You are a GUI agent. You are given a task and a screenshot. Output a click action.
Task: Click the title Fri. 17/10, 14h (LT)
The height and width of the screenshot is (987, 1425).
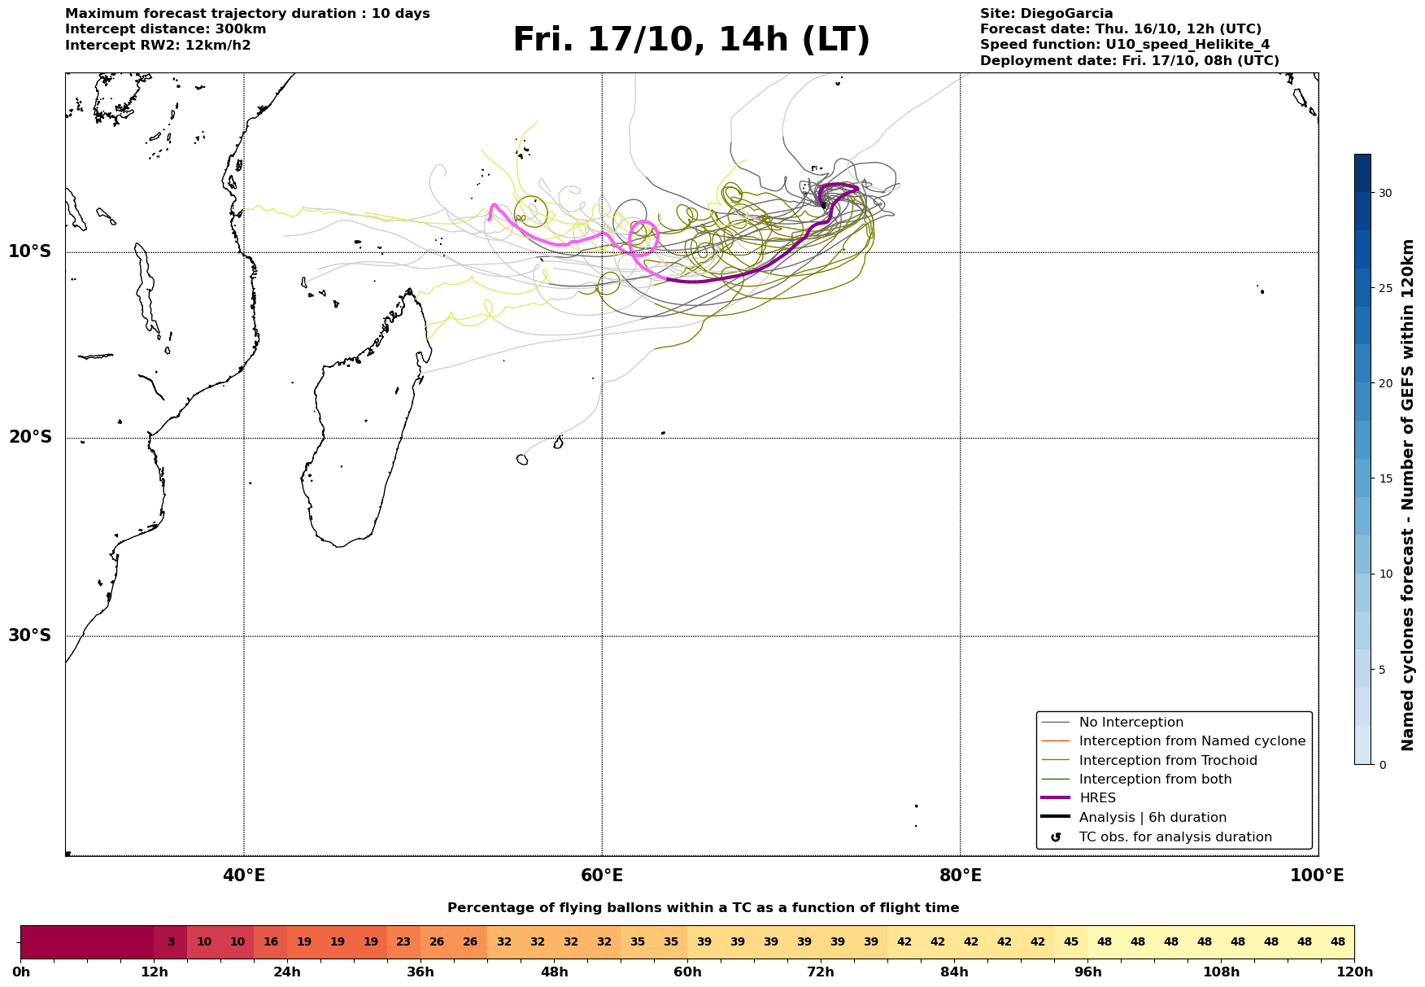pyautogui.click(x=691, y=40)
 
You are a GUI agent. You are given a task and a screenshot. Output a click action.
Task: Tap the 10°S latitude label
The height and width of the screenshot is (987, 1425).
pyautogui.click(x=30, y=251)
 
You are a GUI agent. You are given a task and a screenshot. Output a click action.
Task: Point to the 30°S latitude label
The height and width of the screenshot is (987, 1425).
pyautogui.click(x=30, y=635)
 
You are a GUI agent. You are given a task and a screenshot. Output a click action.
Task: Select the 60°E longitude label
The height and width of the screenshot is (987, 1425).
pyautogui.click(x=602, y=876)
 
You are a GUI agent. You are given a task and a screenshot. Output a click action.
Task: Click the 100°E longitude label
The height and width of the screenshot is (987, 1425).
pyautogui.click(x=1317, y=876)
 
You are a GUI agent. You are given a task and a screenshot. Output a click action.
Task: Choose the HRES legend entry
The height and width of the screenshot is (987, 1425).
pyautogui.click(x=1096, y=798)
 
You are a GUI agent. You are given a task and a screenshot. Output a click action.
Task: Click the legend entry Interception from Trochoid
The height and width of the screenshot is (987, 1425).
pyautogui.click(x=1167, y=761)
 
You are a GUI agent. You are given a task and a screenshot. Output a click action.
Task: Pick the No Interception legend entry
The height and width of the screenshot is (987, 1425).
pyautogui.click(x=1131, y=723)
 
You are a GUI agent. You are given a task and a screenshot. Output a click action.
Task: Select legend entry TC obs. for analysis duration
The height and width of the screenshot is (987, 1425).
pyautogui.click(x=1174, y=837)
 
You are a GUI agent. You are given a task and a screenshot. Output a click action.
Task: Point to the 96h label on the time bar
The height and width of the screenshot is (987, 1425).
pyautogui.click(x=1087, y=972)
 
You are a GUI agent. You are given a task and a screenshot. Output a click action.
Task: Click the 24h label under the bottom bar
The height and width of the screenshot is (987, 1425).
pyautogui.click(x=287, y=972)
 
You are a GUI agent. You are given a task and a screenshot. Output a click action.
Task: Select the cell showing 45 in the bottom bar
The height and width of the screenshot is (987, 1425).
pyautogui.click(x=1070, y=942)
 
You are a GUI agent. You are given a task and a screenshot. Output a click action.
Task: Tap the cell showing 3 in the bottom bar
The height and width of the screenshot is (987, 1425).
pyautogui.click(x=171, y=942)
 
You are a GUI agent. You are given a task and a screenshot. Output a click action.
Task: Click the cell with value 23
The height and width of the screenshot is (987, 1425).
pyautogui.click(x=403, y=942)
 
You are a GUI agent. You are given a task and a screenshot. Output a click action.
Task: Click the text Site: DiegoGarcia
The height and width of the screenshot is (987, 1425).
pyautogui.click(x=1046, y=14)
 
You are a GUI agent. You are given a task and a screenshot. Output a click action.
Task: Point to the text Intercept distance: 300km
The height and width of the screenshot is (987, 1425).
pyautogui.click(x=165, y=29)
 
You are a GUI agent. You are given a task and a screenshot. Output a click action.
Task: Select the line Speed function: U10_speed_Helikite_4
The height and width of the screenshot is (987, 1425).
pyautogui.click(x=1124, y=45)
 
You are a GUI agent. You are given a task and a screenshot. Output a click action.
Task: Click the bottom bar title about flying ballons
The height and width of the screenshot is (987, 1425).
pyautogui.click(x=703, y=908)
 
